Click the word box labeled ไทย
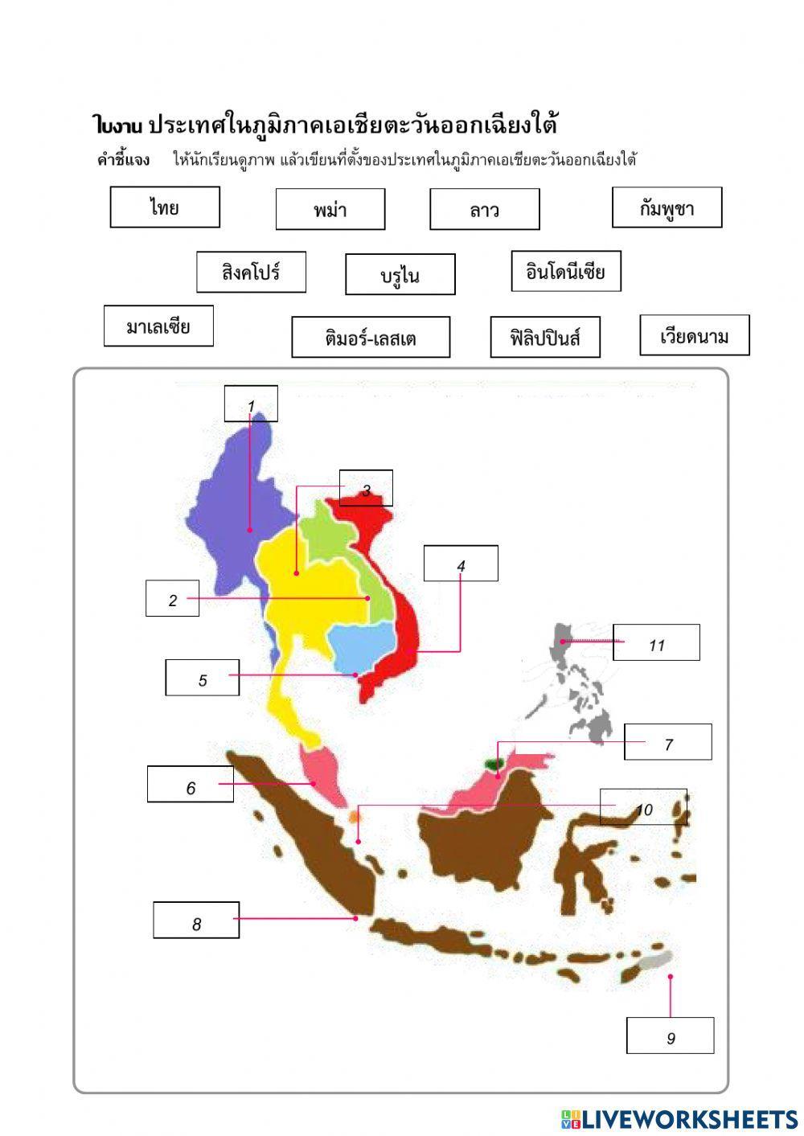click(165, 207)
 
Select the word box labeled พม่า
click(330, 210)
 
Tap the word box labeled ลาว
click(484, 210)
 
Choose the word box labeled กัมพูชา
click(667, 208)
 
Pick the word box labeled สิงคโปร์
click(251, 272)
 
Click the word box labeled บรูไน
click(400, 275)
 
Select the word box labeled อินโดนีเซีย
click(565, 271)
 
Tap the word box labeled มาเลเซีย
click(158, 326)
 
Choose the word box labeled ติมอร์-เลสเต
click(370, 337)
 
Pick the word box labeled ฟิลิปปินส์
click(545, 337)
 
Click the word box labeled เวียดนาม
click(694, 335)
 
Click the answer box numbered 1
click(251, 404)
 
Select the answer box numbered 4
click(461, 564)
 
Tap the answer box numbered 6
click(191, 784)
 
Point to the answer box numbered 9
click(671, 1036)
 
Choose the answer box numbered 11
click(656, 642)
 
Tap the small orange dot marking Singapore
click(355, 816)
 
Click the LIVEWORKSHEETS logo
click(679, 1118)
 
